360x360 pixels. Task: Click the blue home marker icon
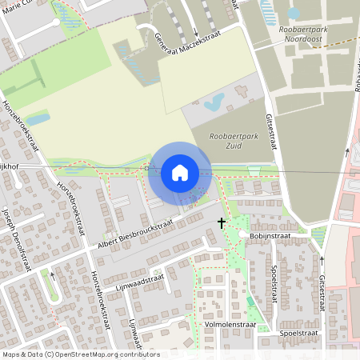(x=180, y=173)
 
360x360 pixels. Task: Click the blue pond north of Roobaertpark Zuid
(x=214, y=102)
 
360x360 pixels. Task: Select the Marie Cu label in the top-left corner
(x=18, y=10)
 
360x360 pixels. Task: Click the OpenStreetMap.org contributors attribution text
(x=107, y=354)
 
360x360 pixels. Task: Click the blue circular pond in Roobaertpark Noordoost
(x=294, y=13)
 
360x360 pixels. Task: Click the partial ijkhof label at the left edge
(x=9, y=166)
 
